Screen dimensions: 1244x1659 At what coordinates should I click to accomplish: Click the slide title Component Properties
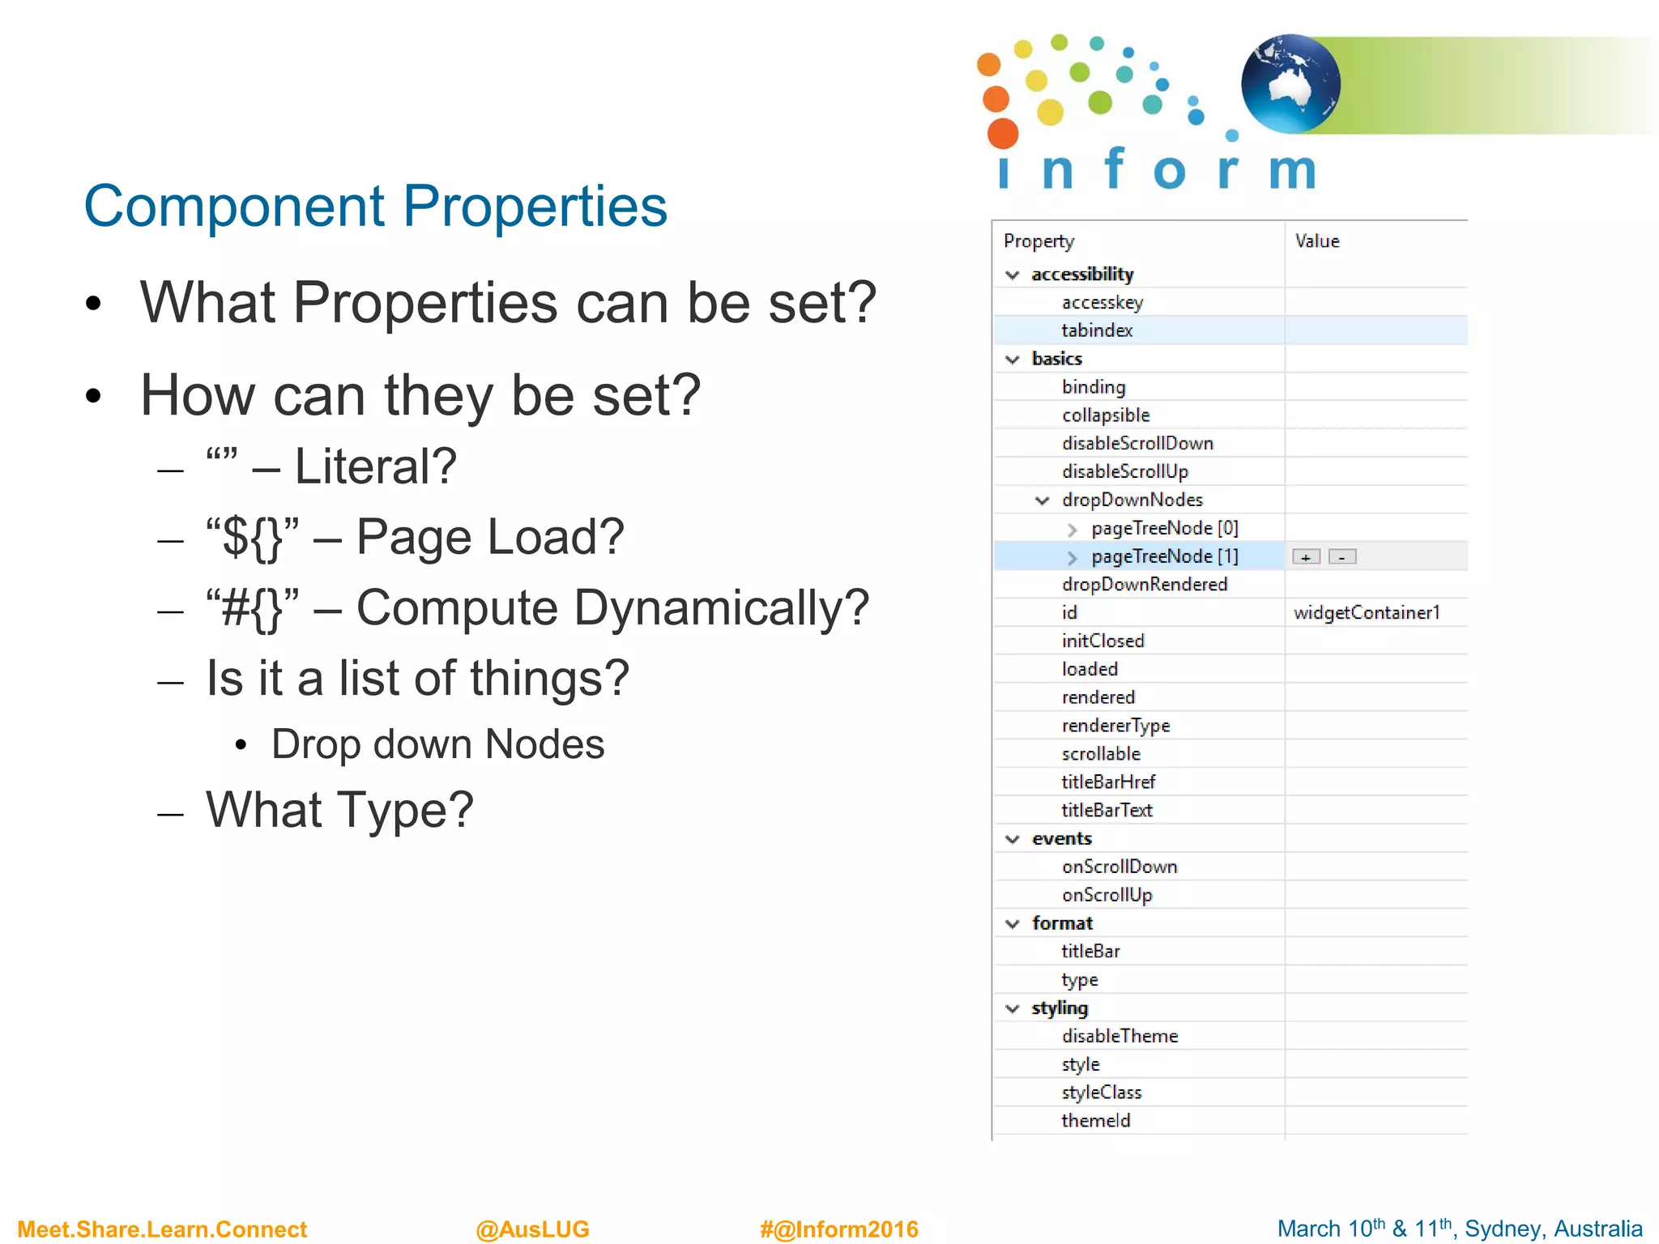pos(375,207)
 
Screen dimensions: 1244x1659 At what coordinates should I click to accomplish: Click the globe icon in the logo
pos(1290,83)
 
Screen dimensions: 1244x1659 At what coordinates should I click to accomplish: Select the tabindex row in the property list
pos(1097,330)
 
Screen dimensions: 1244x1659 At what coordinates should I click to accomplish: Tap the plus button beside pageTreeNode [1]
pos(1306,557)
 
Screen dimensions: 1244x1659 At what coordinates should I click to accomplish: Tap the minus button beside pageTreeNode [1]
pos(1342,557)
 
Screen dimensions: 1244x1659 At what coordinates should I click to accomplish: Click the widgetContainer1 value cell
pos(1367,613)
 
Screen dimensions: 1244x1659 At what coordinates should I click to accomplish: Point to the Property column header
pos(1038,241)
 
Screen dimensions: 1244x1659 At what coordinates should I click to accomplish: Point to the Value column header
pos(1317,241)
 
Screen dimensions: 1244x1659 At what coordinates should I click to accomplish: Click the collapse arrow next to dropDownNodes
pos(1043,501)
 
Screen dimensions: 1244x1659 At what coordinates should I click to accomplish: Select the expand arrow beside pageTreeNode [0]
pos(1073,530)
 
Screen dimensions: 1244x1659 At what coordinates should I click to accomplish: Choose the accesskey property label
pos(1102,303)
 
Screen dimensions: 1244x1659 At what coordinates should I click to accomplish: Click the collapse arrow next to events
pos(1013,839)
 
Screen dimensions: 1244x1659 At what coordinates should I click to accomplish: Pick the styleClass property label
pos(1102,1093)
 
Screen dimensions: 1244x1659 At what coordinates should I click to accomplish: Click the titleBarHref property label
pos(1108,782)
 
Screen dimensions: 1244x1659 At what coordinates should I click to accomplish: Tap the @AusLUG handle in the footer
pos(532,1229)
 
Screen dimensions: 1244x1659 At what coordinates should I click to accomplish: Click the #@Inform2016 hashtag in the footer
pos(838,1229)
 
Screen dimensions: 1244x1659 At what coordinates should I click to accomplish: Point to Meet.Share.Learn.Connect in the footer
pos(162,1229)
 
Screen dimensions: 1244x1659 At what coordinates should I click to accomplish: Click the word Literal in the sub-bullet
pos(375,467)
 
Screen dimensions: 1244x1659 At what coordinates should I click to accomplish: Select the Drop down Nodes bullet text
pos(437,744)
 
